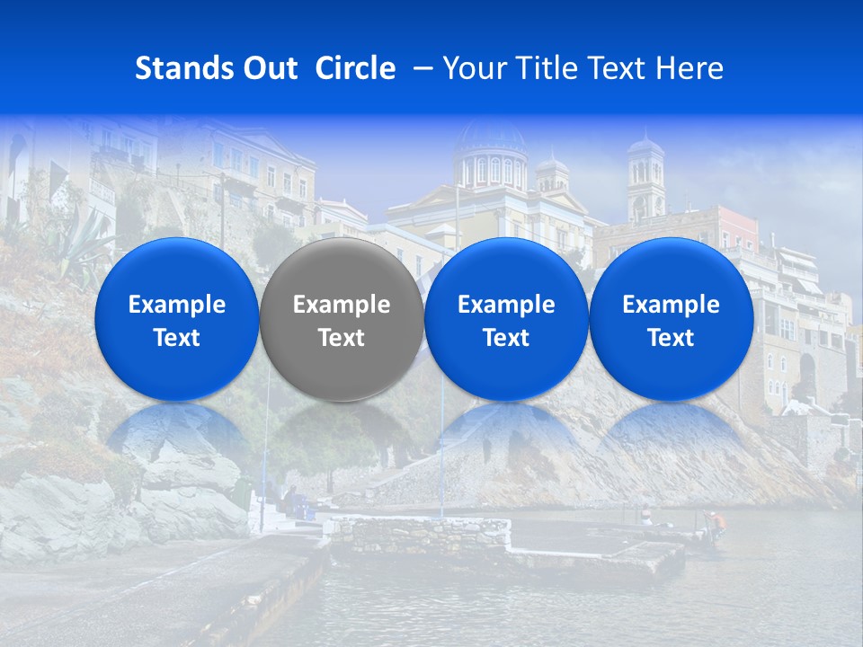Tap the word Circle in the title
[x=355, y=68]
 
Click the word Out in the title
[x=269, y=68]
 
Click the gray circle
[x=342, y=319]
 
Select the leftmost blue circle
[x=176, y=319]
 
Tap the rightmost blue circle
[x=671, y=319]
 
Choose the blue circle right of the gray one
[x=506, y=319]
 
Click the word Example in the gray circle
[x=342, y=305]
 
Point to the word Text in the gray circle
[x=342, y=338]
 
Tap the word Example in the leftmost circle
[x=176, y=305]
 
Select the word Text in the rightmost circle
[x=671, y=338]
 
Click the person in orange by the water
[x=716, y=522]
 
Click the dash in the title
[x=421, y=68]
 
